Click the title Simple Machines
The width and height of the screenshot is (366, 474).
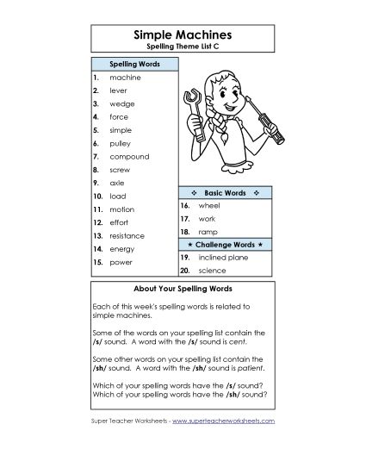[183, 34]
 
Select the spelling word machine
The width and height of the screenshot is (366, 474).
[125, 78]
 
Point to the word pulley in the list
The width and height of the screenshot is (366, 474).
[121, 143]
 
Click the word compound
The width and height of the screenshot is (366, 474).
[129, 157]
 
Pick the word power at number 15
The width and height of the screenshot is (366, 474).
[121, 261]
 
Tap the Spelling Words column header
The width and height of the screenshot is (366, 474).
[133, 63]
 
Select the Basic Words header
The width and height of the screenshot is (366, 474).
[226, 192]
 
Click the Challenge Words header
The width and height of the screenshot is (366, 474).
[226, 245]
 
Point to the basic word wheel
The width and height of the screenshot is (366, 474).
[209, 207]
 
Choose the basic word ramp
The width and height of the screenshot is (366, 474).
[208, 233]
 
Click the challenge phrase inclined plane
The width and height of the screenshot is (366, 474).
[223, 258]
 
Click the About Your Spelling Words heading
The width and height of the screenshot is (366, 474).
[183, 288]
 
